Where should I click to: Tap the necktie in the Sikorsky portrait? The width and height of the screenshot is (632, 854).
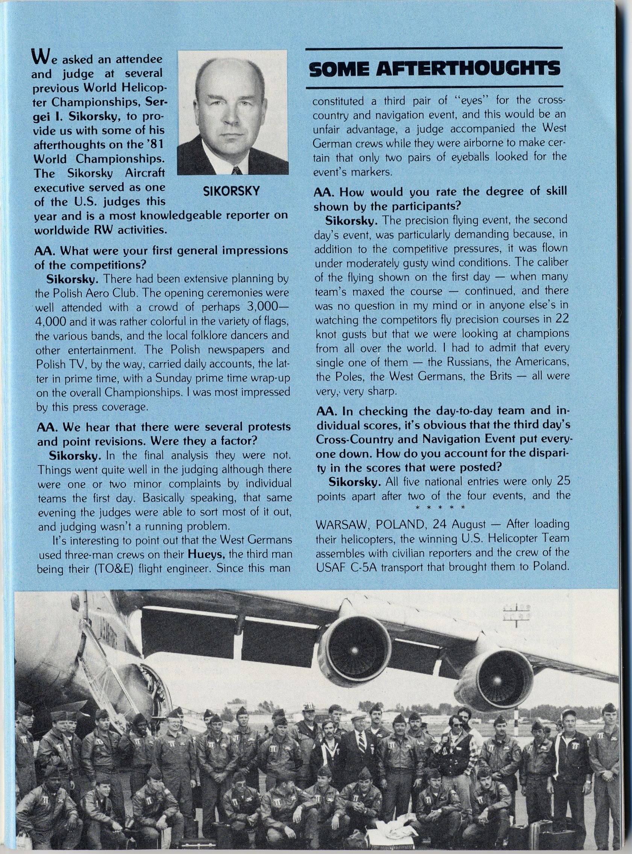236,170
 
